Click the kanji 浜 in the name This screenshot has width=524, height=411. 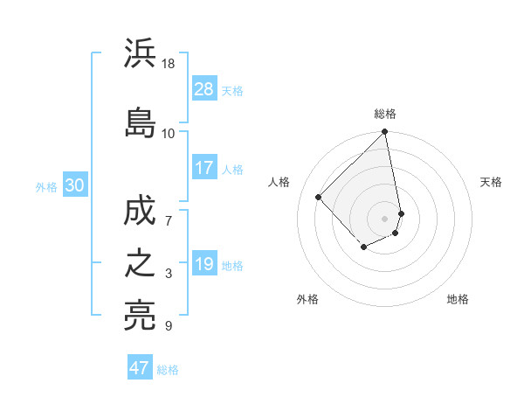pos(140,54)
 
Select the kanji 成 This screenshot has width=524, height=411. pos(140,211)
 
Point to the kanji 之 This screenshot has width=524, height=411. pos(140,263)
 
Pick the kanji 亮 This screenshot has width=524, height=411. pos(140,315)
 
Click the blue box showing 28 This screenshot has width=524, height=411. pos(204,88)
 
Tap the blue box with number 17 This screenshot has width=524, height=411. pos(204,167)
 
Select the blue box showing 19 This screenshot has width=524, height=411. pos(204,263)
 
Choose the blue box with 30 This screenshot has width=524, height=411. pos(74,185)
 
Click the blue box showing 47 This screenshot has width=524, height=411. pos(140,367)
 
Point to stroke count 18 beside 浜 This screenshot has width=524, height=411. pos(169,64)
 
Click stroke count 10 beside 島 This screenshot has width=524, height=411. pos(169,133)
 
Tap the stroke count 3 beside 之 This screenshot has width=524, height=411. pos(169,275)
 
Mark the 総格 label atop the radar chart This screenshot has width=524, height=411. pos(385,114)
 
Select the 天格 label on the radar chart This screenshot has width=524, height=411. pos(491,182)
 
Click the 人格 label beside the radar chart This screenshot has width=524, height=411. pos(279,182)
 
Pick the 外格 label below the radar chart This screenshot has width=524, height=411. pos(307,299)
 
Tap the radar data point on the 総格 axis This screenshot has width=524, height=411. pos(385,133)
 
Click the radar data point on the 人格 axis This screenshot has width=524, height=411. pos(319,197)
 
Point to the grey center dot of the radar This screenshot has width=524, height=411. pos(385,218)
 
